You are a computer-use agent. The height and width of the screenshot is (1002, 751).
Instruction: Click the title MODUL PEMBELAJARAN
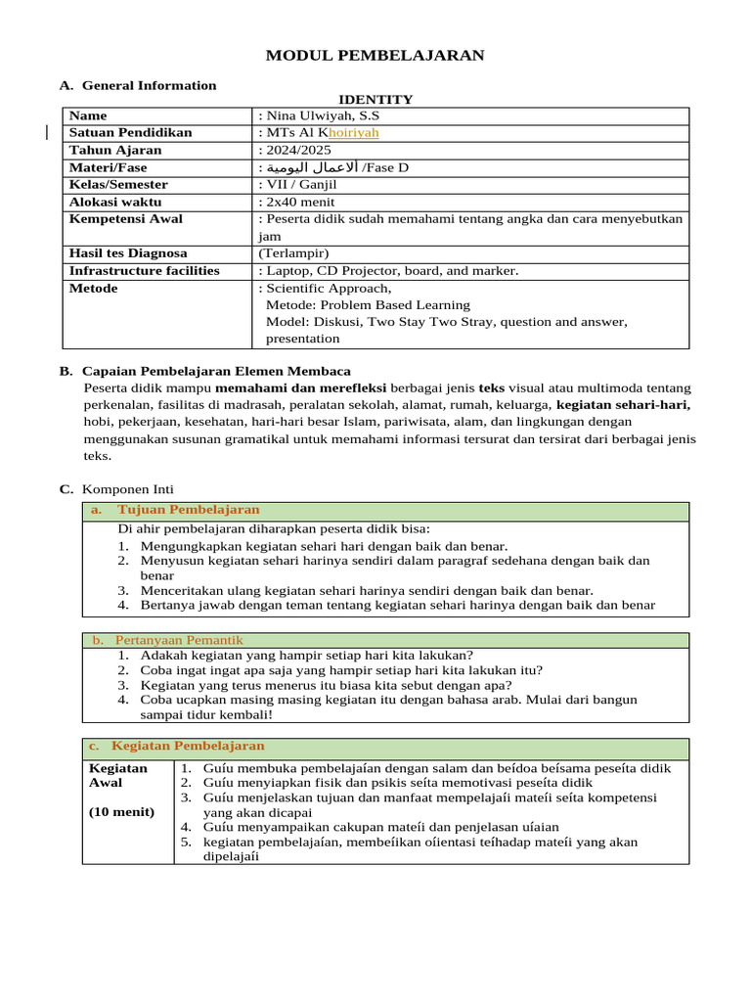pyautogui.click(x=375, y=56)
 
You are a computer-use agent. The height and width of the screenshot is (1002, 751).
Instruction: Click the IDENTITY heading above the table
pyautogui.click(x=375, y=100)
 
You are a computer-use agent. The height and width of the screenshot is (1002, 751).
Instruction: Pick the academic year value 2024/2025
pyautogui.click(x=297, y=151)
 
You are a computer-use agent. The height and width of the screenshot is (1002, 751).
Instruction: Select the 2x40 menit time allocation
pyautogui.click(x=300, y=202)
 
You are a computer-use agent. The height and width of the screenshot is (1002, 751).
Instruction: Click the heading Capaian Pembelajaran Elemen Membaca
pyautogui.click(x=216, y=372)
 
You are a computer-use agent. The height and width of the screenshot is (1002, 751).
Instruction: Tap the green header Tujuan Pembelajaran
pyautogui.click(x=189, y=510)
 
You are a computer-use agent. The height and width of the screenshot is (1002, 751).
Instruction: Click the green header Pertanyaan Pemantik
pyautogui.click(x=171, y=640)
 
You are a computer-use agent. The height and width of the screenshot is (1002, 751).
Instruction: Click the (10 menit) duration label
pyautogui.click(x=121, y=812)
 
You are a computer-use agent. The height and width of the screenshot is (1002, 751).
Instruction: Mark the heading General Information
pyautogui.click(x=149, y=86)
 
